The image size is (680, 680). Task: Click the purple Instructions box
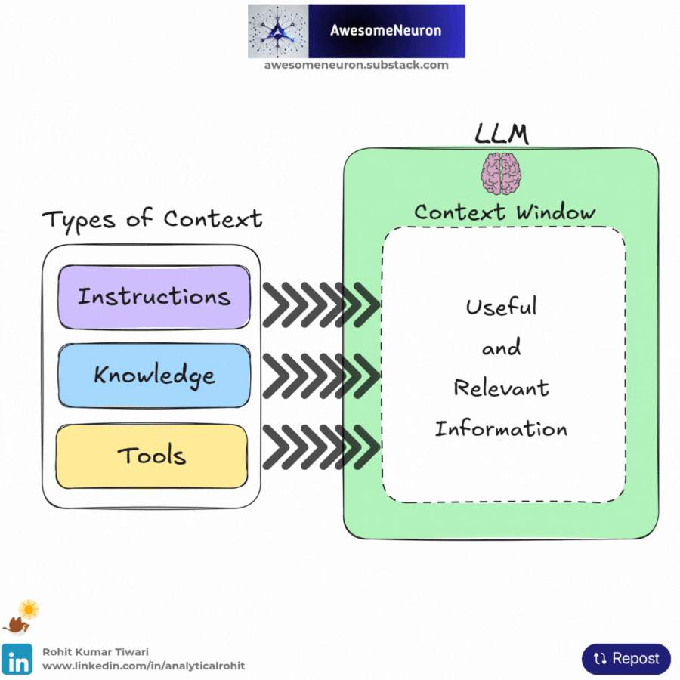(x=153, y=296)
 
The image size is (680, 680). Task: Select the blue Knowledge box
(x=153, y=376)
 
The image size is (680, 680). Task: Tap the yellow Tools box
(x=152, y=456)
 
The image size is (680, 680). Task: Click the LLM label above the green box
(x=501, y=134)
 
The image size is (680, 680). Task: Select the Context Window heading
(x=505, y=212)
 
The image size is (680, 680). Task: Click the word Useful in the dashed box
(x=502, y=307)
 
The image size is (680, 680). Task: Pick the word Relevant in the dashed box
(x=501, y=388)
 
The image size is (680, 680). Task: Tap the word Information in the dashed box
(x=501, y=429)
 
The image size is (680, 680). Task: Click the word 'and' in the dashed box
(x=502, y=348)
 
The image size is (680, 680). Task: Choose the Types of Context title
(x=152, y=219)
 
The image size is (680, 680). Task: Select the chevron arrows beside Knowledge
(x=320, y=375)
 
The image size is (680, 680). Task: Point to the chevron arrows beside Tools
(x=320, y=446)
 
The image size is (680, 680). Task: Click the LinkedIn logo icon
(x=17, y=658)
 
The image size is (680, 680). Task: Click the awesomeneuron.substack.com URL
(x=357, y=65)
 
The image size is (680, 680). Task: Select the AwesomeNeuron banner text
(x=385, y=31)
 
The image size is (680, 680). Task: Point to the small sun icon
(x=29, y=608)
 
